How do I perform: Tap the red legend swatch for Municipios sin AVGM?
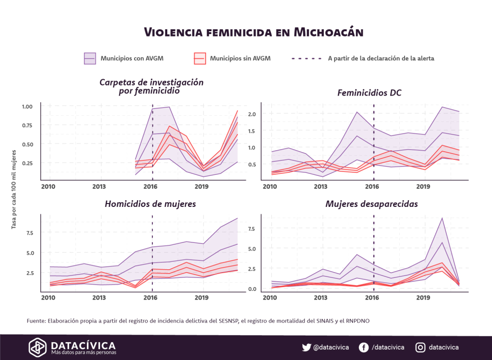pos(199,59)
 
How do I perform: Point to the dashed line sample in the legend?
pos(307,59)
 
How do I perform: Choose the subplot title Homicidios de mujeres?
pos(150,204)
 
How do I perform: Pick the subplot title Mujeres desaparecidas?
pos(371,204)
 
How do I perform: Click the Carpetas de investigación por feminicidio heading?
pos(151,86)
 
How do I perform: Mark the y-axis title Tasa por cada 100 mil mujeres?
pos(14,190)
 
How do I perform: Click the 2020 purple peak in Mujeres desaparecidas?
pos(442,218)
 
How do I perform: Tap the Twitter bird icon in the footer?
pos(306,348)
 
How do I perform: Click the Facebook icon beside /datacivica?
pos(363,348)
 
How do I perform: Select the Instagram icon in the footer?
pos(420,348)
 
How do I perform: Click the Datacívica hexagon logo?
pos(38,347)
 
